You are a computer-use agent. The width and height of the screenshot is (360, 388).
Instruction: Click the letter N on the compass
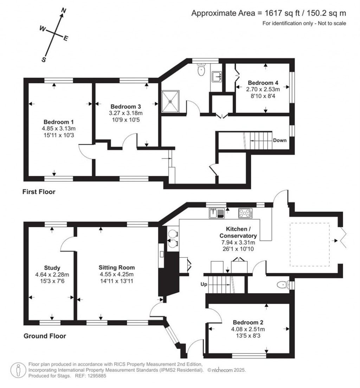[x=64, y=11]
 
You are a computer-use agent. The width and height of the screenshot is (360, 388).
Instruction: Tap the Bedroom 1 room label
[x=58, y=122]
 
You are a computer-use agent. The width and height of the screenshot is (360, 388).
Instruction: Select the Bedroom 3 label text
[x=126, y=106]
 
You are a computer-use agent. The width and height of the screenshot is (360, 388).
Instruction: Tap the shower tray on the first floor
[x=170, y=101]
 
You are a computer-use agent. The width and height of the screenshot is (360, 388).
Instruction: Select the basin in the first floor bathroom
[x=217, y=77]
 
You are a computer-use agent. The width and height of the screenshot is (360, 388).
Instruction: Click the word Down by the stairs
[x=280, y=140]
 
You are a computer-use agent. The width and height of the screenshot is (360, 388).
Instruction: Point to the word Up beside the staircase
[x=204, y=284]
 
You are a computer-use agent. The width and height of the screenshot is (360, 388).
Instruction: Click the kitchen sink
[x=217, y=213]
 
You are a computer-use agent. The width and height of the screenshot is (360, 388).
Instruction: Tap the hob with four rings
[x=246, y=213]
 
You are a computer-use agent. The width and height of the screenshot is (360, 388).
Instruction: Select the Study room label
[x=52, y=268]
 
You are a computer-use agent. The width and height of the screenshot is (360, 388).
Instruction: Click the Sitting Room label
[x=117, y=267]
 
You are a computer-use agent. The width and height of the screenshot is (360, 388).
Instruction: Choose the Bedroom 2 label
[x=248, y=322]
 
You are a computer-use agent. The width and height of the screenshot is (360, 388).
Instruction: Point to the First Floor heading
[x=39, y=192]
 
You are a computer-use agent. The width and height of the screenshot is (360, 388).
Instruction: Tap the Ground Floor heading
[x=45, y=336]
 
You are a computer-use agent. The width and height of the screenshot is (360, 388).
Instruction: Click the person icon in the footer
[x=18, y=370]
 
